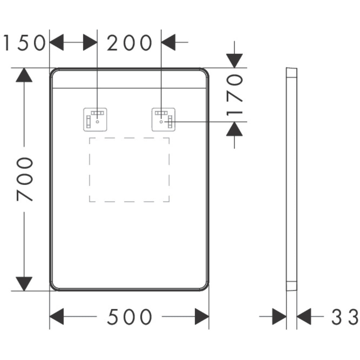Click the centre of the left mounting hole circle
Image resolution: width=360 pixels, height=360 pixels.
coord(97,122)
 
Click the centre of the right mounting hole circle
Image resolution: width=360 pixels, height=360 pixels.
coord(161,122)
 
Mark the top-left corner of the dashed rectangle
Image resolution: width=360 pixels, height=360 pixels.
coord(90,138)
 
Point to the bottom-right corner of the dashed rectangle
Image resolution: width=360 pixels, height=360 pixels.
coord(169,202)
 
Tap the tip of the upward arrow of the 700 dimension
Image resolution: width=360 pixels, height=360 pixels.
coord(24,68)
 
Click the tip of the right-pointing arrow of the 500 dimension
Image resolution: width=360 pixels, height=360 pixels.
coord(209,316)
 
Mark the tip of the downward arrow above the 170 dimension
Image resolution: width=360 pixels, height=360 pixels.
coord(234,68)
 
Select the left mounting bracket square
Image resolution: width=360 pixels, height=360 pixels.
coord(95,120)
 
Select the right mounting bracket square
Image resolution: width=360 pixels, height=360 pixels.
coord(163,120)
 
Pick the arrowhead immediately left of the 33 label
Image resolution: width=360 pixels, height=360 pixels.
coord(304,316)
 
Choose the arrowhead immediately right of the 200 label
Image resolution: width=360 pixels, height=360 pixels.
coord(168,42)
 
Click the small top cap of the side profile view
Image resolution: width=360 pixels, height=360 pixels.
coord(292,72)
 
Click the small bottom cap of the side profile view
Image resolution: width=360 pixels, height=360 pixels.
coord(292,286)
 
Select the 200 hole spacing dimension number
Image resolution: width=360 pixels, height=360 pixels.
coord(130,43)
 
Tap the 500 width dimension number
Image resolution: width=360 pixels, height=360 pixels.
coord(130,317)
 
